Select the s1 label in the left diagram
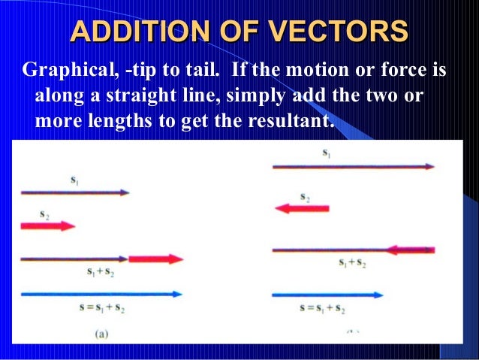click(x=74, y=180)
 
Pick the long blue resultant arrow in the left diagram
click(x=101, y=294)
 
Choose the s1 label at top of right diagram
click(x=327, y=153)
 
